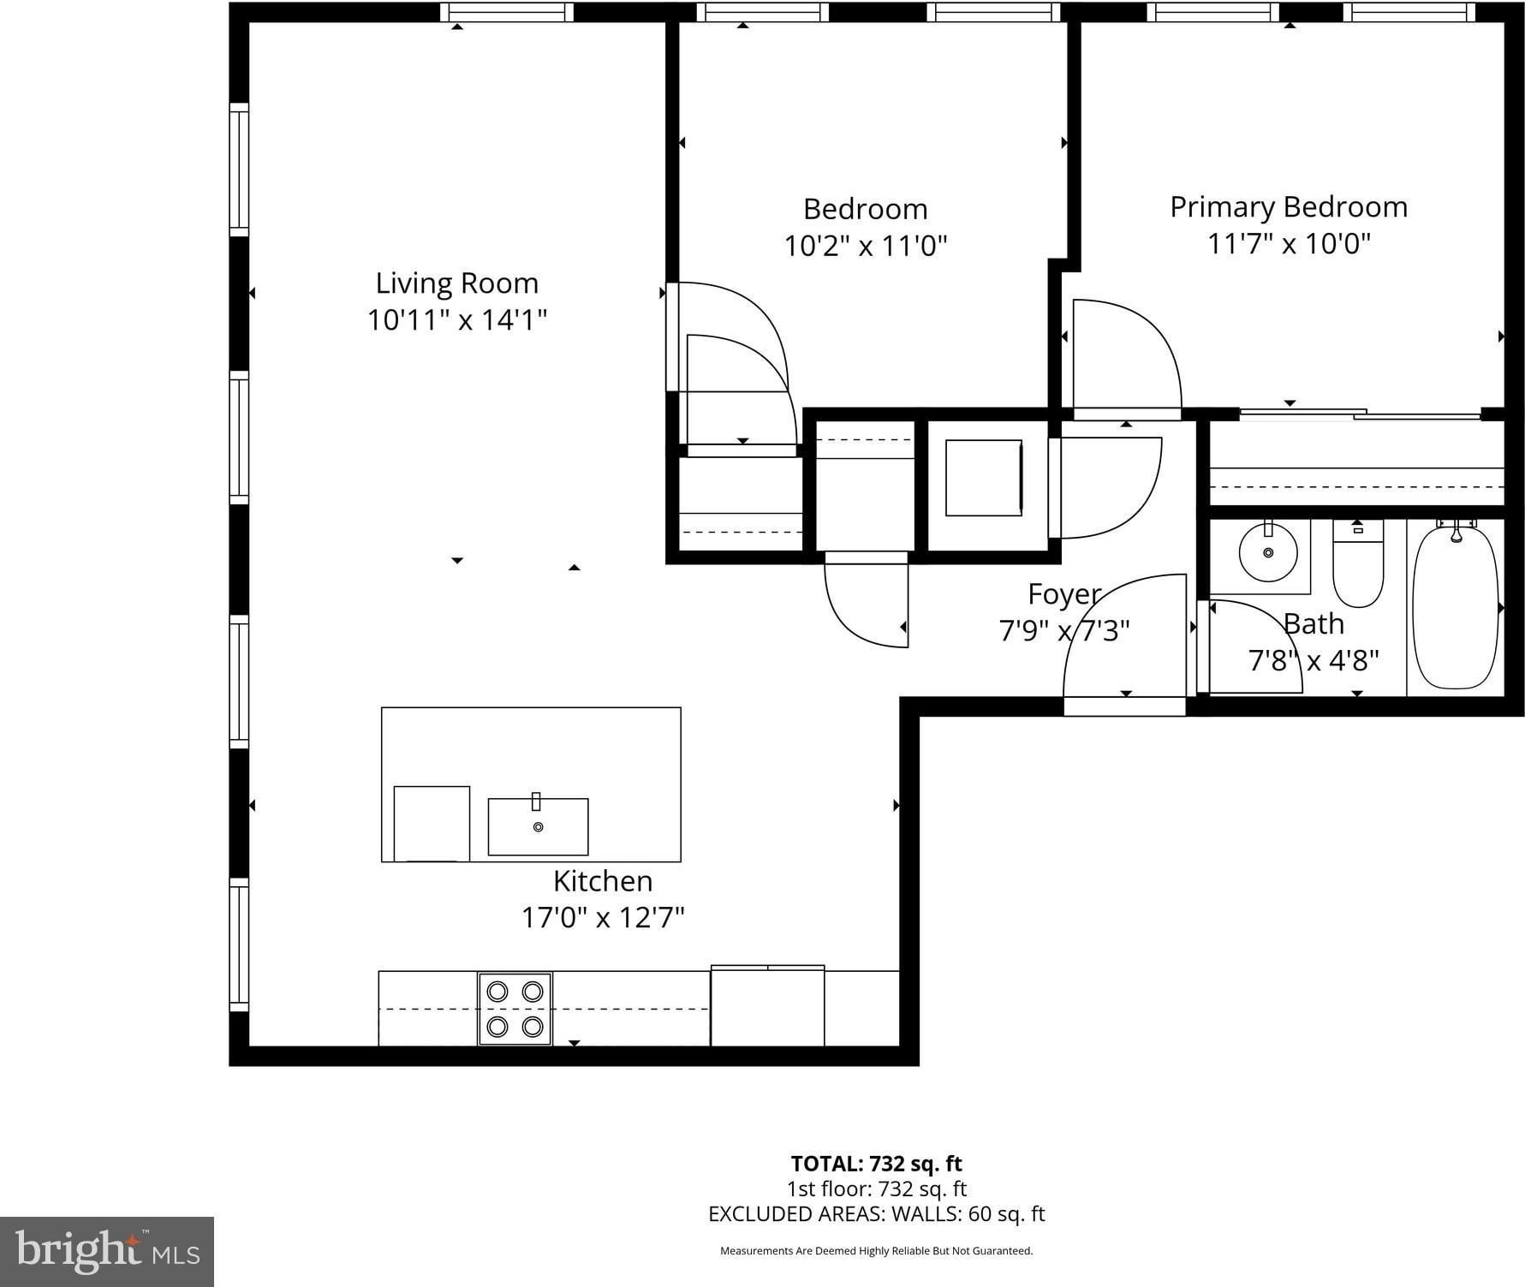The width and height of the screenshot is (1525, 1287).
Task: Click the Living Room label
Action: (457, 283)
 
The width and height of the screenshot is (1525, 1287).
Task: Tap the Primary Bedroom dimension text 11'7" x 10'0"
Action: (1289, 244)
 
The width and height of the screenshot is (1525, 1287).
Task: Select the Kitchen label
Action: (603, 881)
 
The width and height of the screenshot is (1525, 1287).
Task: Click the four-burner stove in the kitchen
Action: (515, 1009)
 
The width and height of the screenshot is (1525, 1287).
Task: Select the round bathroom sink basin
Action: (1268, 552)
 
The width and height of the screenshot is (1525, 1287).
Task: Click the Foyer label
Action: (1064, 594)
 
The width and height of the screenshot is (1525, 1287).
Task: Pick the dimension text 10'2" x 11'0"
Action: (866, 247)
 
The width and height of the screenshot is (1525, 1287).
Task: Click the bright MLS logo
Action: (107, 1252)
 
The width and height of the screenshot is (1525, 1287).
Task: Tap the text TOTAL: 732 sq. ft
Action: (876, 1164)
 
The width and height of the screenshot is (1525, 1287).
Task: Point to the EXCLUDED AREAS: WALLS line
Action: (877, 1213)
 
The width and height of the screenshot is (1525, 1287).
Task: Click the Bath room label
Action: (1314, 624)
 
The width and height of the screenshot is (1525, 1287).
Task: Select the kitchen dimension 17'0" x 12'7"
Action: (603, 918)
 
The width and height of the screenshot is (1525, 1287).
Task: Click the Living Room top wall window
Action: (507, 12)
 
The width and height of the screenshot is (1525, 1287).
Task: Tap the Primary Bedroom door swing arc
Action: (1152, 330)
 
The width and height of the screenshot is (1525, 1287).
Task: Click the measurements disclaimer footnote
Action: (876, 1251)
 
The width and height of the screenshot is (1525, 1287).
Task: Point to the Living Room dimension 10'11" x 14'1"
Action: (457, 320)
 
